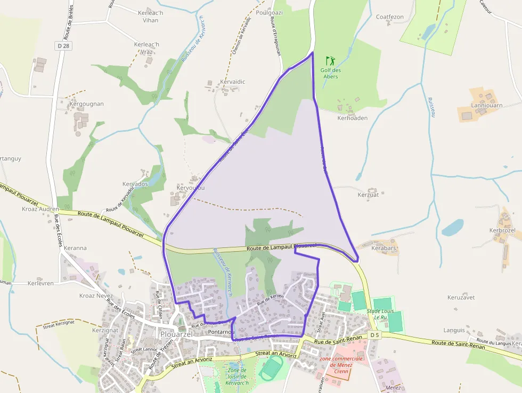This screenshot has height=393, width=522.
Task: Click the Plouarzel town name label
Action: (x=177, y=334)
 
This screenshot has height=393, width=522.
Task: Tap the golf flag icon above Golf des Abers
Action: (x=330, y=60)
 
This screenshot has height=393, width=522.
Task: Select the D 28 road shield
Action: (x=63, y=46)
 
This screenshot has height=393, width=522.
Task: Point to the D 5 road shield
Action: (x=375, y=335)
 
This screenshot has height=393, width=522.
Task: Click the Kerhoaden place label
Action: (x=352, y=118)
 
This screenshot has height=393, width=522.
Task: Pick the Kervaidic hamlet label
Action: (x=233, y=82)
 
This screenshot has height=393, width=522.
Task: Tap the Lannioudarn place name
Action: (x=487, y=106)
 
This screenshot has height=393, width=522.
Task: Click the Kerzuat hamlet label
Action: (x=368, y=195)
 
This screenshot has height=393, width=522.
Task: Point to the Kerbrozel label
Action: (x=502, y=230)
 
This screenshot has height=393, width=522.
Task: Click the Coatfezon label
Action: (x=390, y=17)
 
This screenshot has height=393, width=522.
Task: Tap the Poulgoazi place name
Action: (x=270, y=12)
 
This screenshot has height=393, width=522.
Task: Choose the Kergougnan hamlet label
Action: (x=86, y=103)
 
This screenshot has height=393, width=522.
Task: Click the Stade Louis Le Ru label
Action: (x=380, y=314)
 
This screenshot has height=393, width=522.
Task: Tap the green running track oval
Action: (x=273, y=368)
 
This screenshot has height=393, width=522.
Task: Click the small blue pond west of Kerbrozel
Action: (x=452, y=228)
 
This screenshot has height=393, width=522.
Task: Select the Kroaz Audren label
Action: (x=40, y=209)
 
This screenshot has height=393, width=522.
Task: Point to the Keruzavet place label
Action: (x=461, y=297)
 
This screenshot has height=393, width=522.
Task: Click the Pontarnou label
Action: (x=221, y=332)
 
